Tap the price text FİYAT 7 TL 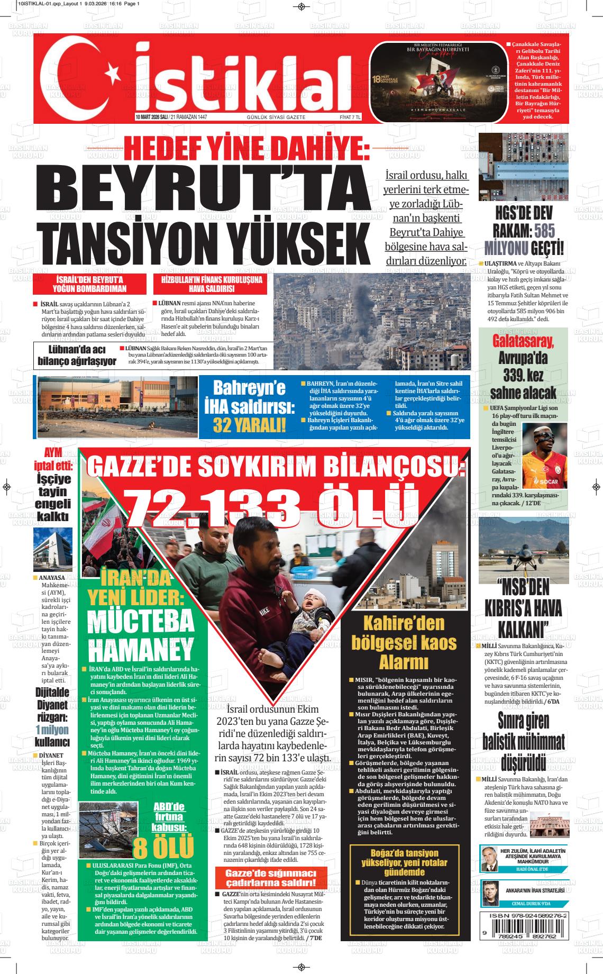[x=350, y=117]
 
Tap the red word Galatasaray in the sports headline [x=523, y=341]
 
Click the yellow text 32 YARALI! [x=249, y=424]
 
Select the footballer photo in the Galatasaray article [x=544, y=456]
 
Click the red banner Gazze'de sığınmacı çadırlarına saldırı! [x=271, y=877]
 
